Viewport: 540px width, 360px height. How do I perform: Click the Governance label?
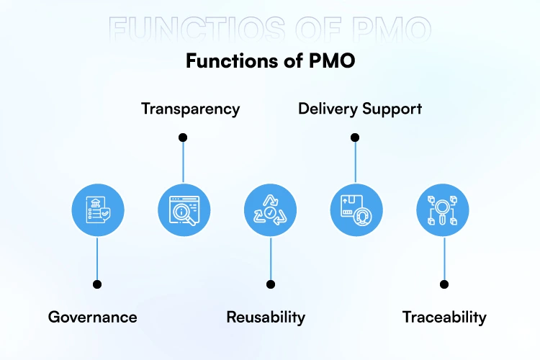(x=92, y=317)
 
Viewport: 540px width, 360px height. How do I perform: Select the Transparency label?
(x=190, y=109)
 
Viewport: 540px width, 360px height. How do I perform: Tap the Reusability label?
(x=266, y=317)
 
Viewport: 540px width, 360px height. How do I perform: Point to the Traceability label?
(x=444, y=317)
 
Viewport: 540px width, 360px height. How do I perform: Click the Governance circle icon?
(x=97, y=210)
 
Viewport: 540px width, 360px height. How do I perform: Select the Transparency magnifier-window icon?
(x=184, y=210)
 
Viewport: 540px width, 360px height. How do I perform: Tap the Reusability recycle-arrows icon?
(x=270, y=210)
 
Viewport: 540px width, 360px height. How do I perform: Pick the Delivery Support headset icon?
(x=356, y=210)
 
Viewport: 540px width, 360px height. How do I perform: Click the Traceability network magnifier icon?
(x=443, y=210)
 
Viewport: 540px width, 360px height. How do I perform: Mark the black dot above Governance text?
(x=97, y=284)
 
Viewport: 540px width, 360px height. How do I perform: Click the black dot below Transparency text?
(x=183, y=137)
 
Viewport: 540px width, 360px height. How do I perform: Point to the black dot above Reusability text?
(x=271, y=284)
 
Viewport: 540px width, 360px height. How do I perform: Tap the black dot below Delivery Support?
(x=355, y=137)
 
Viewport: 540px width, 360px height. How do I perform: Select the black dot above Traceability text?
(x=444, y=284)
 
